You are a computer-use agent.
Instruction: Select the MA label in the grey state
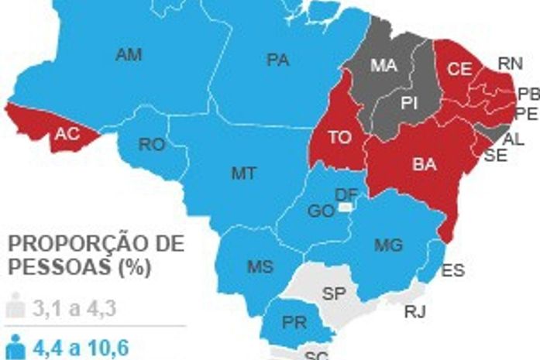384,67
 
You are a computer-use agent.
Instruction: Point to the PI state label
409,101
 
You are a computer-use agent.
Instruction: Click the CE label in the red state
459,69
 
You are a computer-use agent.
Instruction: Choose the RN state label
510,64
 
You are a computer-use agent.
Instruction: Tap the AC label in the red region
66,133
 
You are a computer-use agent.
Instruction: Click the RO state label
151,144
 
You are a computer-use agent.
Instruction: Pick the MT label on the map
243,173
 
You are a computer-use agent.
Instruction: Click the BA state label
424,165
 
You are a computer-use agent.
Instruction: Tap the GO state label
321,211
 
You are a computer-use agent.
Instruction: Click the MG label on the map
388,245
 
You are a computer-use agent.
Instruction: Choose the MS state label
260,267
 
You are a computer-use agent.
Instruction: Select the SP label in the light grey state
334,294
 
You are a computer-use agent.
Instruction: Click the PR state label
293,321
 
